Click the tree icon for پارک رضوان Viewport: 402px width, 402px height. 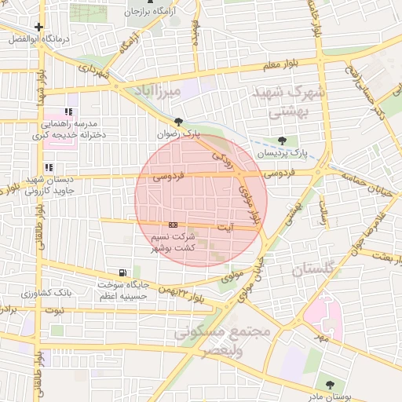[x=180, y=122]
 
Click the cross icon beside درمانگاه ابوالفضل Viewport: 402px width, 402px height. [x=38, y=27]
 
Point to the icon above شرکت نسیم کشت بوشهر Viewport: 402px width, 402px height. [x=174, y=225]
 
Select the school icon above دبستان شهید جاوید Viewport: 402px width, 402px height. [x=49, y=166]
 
